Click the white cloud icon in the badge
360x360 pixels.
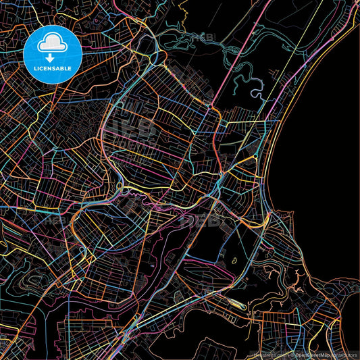[x=52, y=45]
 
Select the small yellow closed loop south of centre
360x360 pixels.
[x=234, y=260]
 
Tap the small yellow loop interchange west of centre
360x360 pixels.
[x=120, y=186]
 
